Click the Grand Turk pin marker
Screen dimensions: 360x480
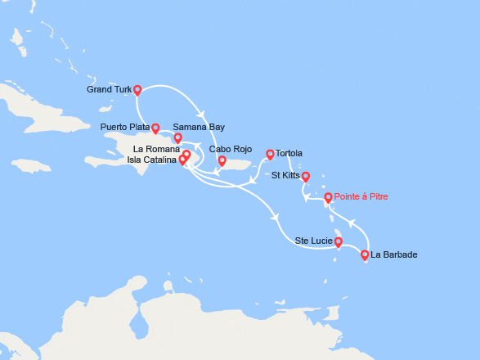[137, 90]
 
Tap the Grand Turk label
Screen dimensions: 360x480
[108, 90]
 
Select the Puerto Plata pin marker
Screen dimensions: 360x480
[155, 128]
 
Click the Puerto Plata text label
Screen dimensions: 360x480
[125, 127]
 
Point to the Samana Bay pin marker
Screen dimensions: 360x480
[177, 137]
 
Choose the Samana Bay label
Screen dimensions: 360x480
[199, 127]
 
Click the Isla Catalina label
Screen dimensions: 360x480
[151, 160]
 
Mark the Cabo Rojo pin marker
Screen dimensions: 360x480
[222, 160]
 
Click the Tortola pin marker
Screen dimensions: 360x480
[270, 154]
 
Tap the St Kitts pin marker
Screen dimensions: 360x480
[306, 176]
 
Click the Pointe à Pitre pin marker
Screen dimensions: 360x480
[328, 197]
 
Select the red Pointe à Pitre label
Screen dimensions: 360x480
[365, 197]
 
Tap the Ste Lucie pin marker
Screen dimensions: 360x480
[338, 241]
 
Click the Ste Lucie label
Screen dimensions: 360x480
[313, 241]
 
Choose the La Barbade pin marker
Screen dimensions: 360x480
[364, 254]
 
